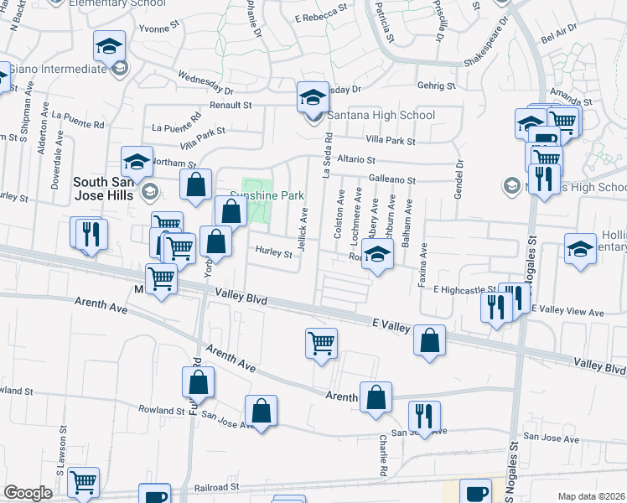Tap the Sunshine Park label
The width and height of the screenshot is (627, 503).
[266, 195]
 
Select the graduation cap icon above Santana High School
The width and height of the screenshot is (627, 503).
[313, 96]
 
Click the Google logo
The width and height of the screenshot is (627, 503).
[28, 493]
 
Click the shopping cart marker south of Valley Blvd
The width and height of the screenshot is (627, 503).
[322, 344]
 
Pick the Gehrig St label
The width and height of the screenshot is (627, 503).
[438, 86]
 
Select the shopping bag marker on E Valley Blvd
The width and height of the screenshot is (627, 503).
[429, 341]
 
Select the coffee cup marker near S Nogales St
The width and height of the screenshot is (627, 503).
[476, 493]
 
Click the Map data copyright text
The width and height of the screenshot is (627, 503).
[591, 496]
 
